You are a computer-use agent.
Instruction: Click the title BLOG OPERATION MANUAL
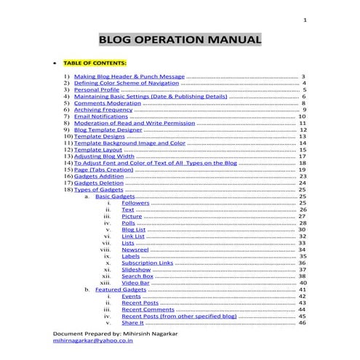pyautogui.click(x=180, y=39)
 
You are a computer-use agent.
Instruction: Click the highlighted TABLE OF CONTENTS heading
pyautogui.click(x=95, y=63)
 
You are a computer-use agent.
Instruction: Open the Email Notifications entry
pyautogui.click(x=101, y=116)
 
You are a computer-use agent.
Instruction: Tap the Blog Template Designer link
pyautogui.click(x=106, y=129)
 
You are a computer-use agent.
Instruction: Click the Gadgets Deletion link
pyautogui.click(x=98, y=183)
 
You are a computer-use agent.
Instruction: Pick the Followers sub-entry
pyautogui.click(x=135, y=203)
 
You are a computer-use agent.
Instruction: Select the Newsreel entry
pyautogui.click(x=135, y=249)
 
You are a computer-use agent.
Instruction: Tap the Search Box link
pyautogui.click(x=137, y=276)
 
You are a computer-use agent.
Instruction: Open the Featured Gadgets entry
pyautogui.click(x=120, y=289)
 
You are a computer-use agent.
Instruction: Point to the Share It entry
pyautogui.click(x=132, y=323)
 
